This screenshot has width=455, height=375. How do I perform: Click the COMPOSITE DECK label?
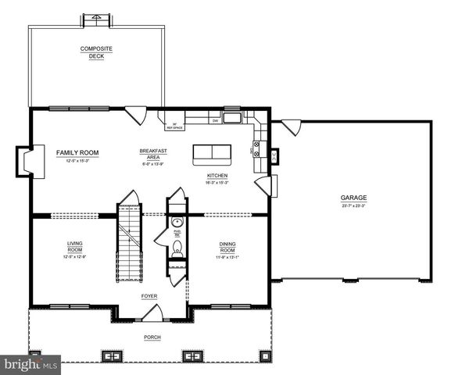coord(96,52)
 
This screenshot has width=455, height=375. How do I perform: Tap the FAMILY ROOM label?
coord(77,153)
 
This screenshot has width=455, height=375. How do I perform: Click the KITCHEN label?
coord(217,176)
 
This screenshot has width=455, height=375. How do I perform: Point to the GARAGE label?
coord(353,198)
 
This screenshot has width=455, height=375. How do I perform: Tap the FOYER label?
coord(149,297)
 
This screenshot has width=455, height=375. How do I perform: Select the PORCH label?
coord(152,337)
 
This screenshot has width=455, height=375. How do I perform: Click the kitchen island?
coord(213,152)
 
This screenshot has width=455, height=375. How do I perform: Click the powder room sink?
coord(177,223)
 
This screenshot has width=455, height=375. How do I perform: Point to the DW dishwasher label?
coord(214,121)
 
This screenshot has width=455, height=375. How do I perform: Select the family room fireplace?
coord(26,160)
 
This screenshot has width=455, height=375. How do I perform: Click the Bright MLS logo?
coord(30,364)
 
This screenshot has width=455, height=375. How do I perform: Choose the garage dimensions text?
coord(353,206)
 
